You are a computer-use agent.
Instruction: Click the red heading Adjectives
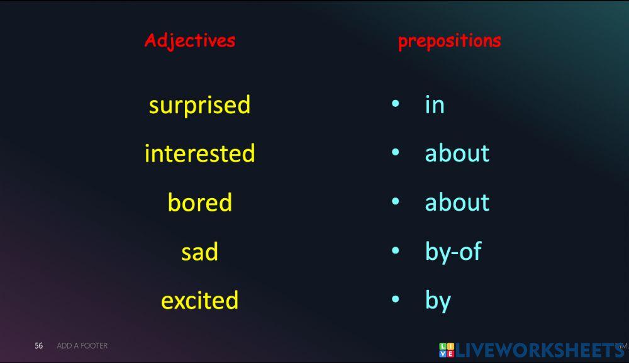(189, 41)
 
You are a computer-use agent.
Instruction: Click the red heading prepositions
(449, 41)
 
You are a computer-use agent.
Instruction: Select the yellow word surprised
(199, 104)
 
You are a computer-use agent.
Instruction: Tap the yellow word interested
(199, 154)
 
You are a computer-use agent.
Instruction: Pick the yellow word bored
(199, 203)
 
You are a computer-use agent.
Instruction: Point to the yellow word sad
(199, 252)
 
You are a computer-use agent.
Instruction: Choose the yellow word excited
(199, 300)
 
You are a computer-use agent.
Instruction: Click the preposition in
(435, 104)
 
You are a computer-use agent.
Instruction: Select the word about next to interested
(457, 154)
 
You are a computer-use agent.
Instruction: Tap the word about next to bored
(457, 203)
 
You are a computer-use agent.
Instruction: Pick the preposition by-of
(453, 252)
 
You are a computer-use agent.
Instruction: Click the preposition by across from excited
(438, 301)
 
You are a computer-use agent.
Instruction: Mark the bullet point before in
(395, 103)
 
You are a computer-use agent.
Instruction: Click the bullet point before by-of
(395, 250)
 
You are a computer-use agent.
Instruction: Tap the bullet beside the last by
(395, 299)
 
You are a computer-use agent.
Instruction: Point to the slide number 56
(39, 345)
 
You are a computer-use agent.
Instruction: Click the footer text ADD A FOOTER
(82, 345)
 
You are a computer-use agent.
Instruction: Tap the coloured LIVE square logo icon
(446, 350)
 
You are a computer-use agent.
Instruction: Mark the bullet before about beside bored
(395, 201)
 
